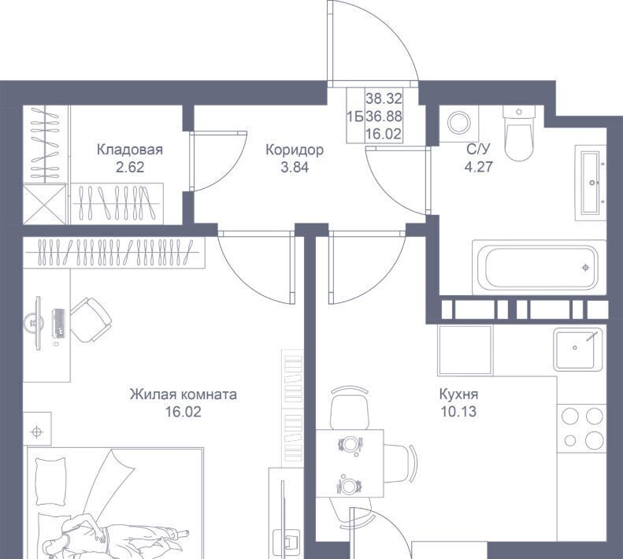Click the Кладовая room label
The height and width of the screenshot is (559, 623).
pyautogui.click(x=130, y=150)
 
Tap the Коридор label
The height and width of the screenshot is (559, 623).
pyautogui.click(x=295, y=150)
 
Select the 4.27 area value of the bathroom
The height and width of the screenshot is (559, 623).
pyautogui.click(x=479, y=166)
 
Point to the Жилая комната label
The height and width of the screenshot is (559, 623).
pyautogui.click(x=184, y=394)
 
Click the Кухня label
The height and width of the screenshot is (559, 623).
pyautogui.click(x=458, y=394)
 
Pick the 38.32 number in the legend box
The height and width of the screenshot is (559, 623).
pyautogui.click(x=384, y=98)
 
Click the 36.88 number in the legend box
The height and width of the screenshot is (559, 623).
pyautogui.click(x=384, y=117)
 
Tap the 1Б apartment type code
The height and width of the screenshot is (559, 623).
pyautogui.click(x=354, y=117)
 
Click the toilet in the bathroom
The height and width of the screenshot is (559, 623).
pyautogui.click(x=518, y=133)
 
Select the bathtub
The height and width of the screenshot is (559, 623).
pyautogui.click(x=540, y=268)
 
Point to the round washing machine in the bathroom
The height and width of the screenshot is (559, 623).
pyautogui.click(x=459, y=123)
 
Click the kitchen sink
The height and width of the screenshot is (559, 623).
pyautogui.click(x=578, y=350)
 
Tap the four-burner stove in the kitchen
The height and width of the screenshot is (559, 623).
pyautogui.click(x=581, y=428)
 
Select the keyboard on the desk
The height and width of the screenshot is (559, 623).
pyautogui.click(x=58, y=323)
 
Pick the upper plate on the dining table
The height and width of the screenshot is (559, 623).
pyautogui.click(x=350, y=443)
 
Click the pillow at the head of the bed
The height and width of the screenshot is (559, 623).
pyautogui.click(x=50, y=481)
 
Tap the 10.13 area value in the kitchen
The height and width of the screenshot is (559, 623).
pyautogui.click(x=458, y=412)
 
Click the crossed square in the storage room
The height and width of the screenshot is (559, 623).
pyautogui.click(x=44, y=203)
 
